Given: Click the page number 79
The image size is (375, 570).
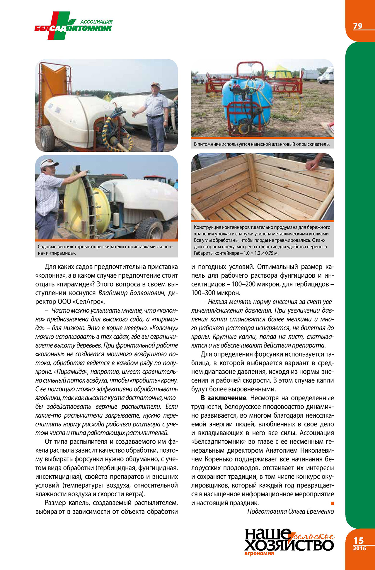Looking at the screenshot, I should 357,26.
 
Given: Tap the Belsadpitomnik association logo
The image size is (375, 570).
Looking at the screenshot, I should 73,26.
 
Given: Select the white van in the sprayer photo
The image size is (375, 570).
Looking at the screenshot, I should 326,75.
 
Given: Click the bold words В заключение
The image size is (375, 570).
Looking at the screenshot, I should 223,398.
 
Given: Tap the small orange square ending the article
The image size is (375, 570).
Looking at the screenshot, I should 332,503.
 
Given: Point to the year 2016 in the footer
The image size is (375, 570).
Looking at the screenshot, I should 359,548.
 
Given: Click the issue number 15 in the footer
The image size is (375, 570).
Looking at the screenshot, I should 359,541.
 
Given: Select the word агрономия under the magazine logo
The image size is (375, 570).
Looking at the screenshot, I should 259,554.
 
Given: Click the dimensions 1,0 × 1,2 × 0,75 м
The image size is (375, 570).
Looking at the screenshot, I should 261,253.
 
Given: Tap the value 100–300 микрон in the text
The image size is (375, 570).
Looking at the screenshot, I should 216,293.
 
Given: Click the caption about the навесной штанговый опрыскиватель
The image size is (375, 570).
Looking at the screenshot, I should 262,144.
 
